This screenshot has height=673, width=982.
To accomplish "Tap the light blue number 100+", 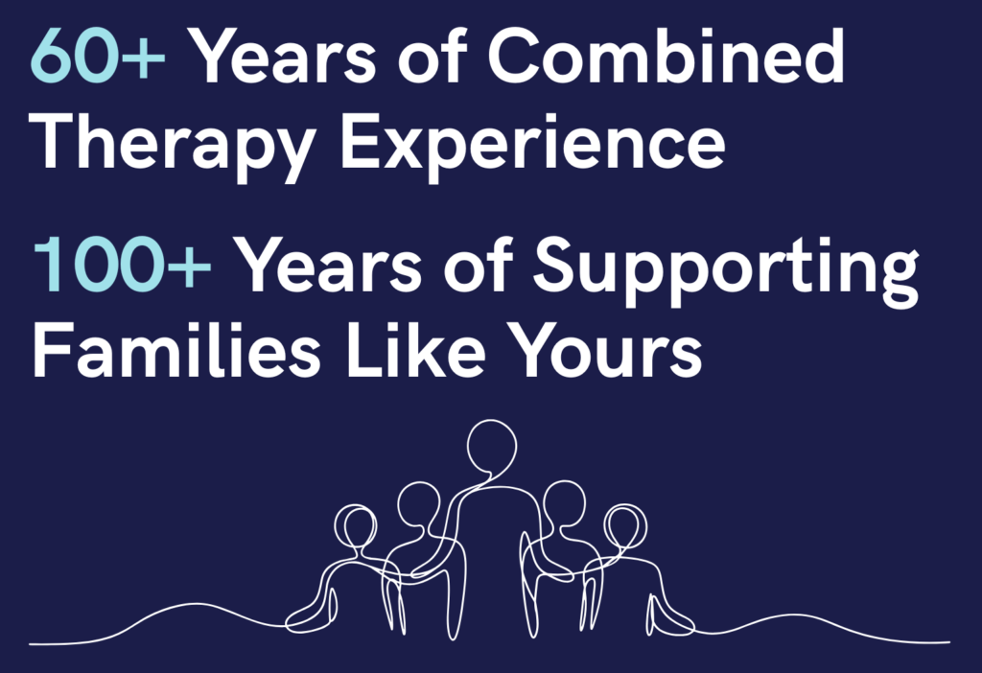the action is [x=122, y=265].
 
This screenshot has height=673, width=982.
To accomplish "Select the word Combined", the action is [x=666, y=55].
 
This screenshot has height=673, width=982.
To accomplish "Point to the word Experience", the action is [x=533, y=147].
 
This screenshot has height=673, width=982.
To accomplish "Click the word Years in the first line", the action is [x=283, y=57].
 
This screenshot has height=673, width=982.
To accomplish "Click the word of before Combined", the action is [x=433, y=55].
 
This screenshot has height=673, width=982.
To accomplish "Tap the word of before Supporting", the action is [x=479, y=264].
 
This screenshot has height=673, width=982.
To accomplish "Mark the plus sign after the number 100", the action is [x=189, y=267].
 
